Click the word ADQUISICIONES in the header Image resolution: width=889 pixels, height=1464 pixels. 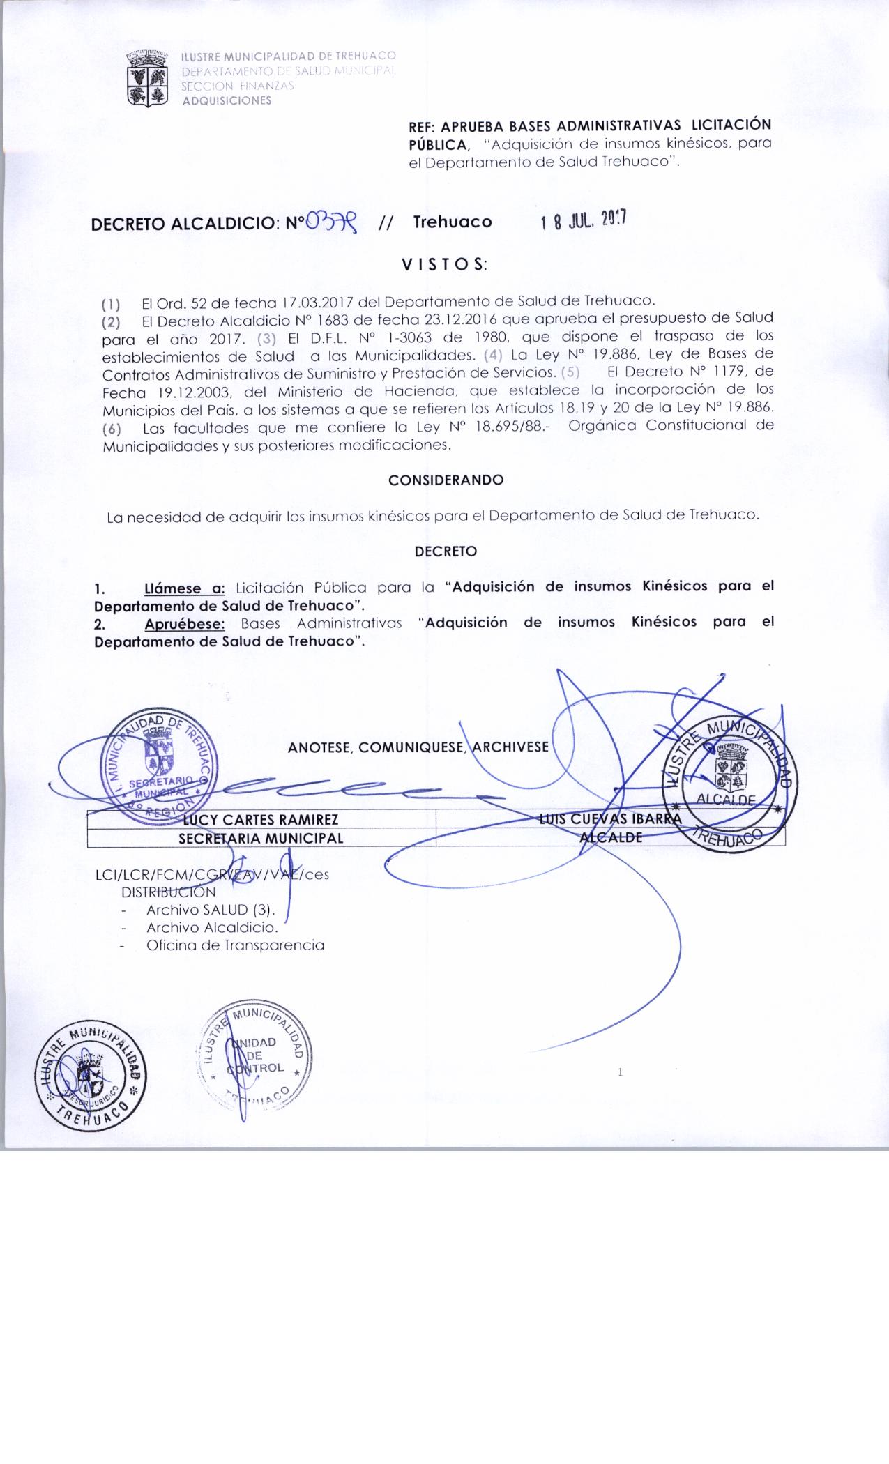(227, 100)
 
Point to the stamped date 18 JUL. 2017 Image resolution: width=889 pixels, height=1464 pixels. (584, 221)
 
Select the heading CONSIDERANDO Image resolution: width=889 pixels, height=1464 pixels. (446, 480)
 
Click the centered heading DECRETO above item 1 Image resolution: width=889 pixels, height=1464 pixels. (446, 551)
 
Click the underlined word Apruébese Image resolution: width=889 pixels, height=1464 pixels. (185, 623)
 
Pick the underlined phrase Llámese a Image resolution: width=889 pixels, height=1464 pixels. (185, 587)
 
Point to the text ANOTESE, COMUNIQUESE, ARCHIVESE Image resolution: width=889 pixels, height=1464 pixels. (418, 747)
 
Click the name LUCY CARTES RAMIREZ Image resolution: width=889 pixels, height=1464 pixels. (261, 819)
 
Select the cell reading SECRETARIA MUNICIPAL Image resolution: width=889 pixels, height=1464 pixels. (261, 838)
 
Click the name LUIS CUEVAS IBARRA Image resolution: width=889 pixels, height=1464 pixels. (609, 819)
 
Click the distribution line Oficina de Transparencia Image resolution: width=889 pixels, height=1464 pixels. (235, 946)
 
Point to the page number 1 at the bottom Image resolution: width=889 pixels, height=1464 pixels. (620, 1072)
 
